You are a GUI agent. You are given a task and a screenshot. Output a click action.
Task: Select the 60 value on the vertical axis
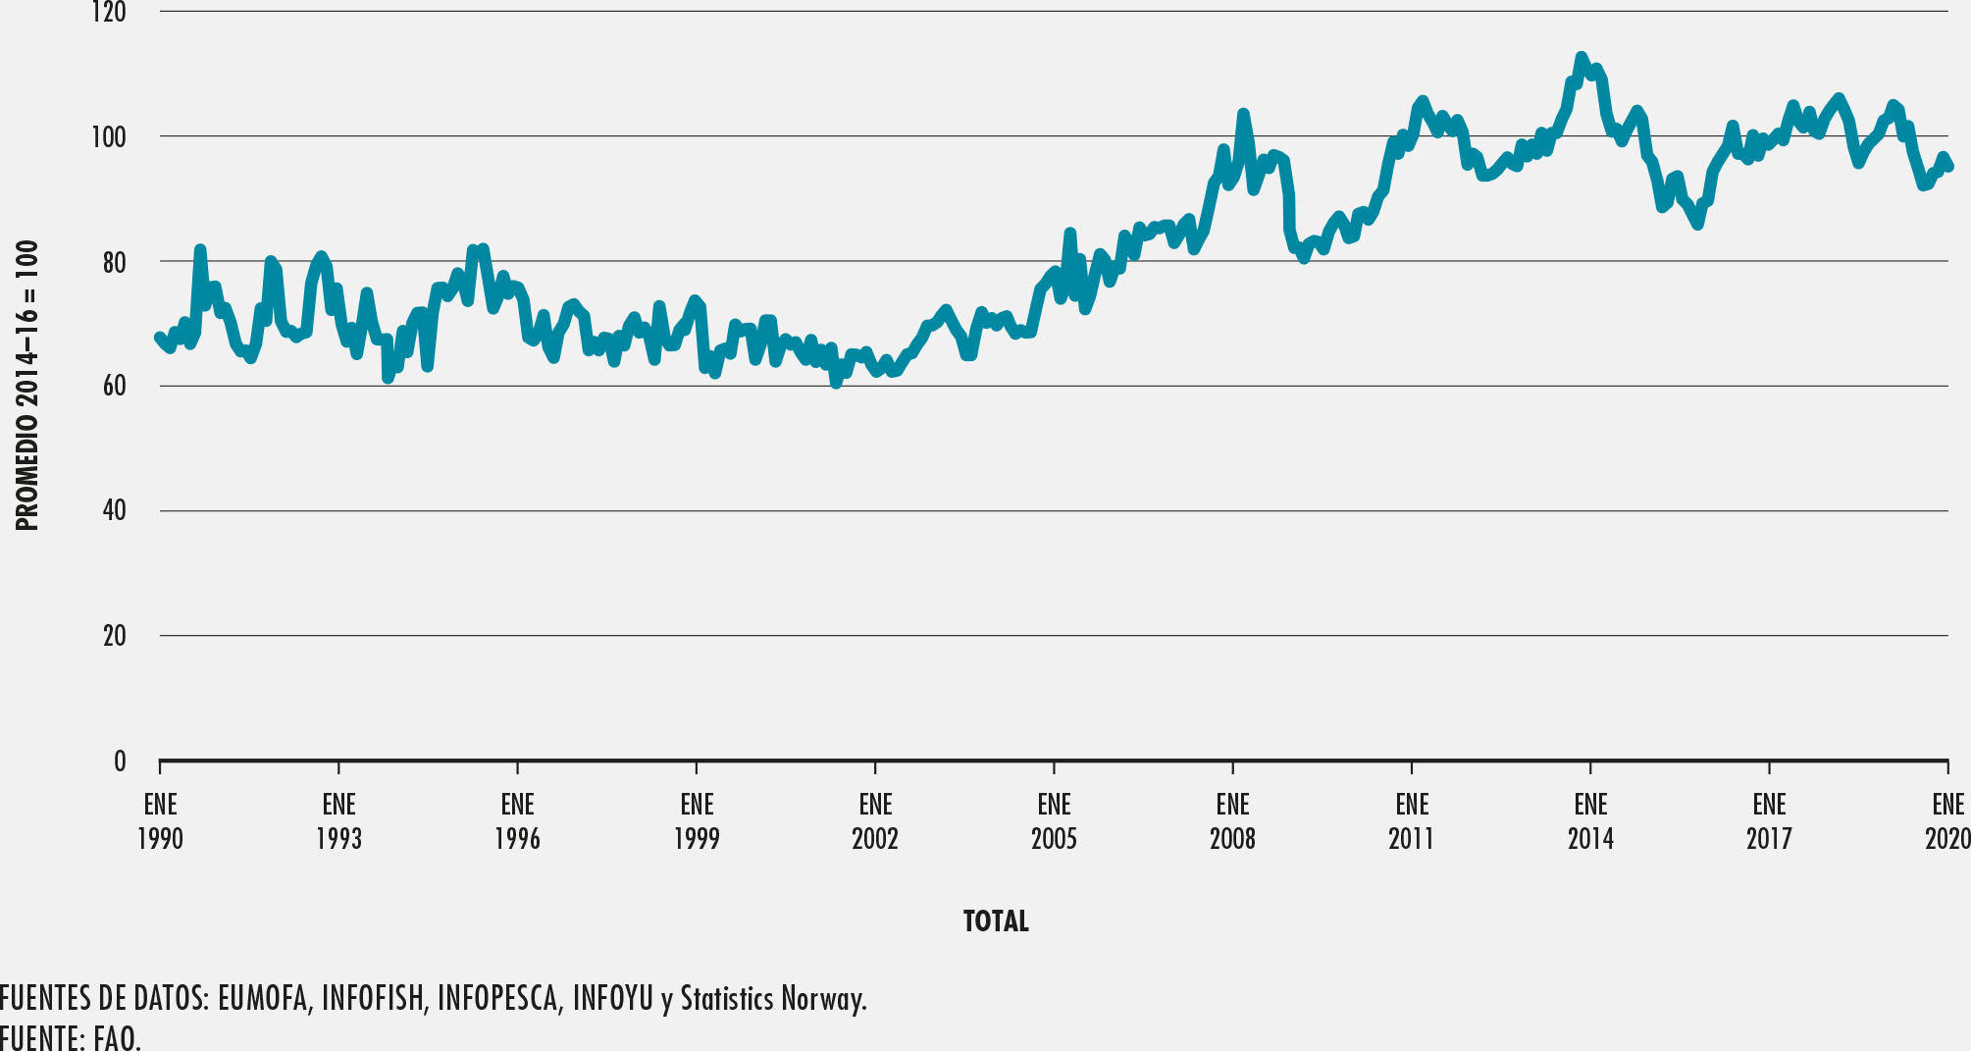[x=113, y=387]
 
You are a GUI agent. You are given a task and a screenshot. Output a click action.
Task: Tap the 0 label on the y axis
[x=120, y=762]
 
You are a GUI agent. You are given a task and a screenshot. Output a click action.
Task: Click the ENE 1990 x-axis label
[x=160, y=821]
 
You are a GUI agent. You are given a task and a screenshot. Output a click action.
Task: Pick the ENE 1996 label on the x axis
[x=517, y=821]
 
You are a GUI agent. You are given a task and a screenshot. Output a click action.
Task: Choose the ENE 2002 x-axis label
[x=875, y=821]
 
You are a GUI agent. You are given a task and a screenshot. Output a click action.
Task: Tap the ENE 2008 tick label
[x=1232, y=821]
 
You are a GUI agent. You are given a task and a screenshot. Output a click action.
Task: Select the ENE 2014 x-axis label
[x=1590, y=821]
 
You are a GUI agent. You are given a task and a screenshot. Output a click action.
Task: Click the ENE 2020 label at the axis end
[x=1947, y=821]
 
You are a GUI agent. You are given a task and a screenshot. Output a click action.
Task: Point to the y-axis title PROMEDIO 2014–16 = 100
[x=27, y=386]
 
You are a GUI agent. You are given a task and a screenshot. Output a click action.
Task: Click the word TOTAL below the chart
[x=996, y=921]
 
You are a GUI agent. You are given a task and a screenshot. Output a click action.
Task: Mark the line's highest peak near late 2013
[x=1581, y=57]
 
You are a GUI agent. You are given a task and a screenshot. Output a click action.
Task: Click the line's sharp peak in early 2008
[x=1243, y=114]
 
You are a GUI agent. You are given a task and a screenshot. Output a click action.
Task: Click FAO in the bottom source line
[x=117, y=1038]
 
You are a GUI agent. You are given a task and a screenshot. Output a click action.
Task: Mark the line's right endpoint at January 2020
[x=1948, y=167]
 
